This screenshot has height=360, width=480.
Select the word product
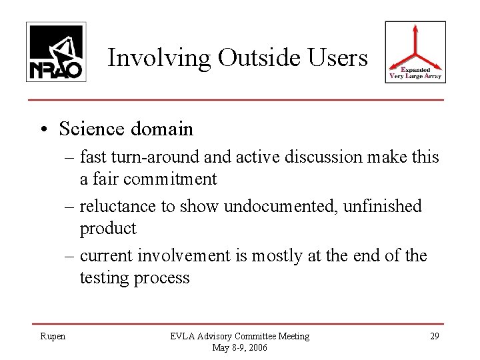pos(108,228)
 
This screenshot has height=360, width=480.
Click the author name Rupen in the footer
pos(52,337)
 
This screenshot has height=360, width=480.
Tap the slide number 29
pos(435,337)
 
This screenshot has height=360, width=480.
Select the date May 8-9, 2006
pos(239,347)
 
